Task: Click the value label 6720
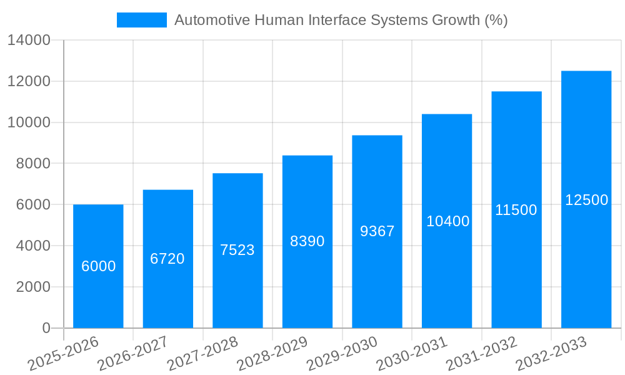(167, 259)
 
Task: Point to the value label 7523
(237, 250)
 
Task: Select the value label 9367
(377, 231)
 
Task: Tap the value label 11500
(516, 210)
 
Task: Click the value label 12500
(586, 200)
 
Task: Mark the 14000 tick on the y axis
(29, 41)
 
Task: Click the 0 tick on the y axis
(46, 328)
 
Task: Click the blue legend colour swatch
(142, 20)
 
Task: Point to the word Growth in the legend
(456, 20)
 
